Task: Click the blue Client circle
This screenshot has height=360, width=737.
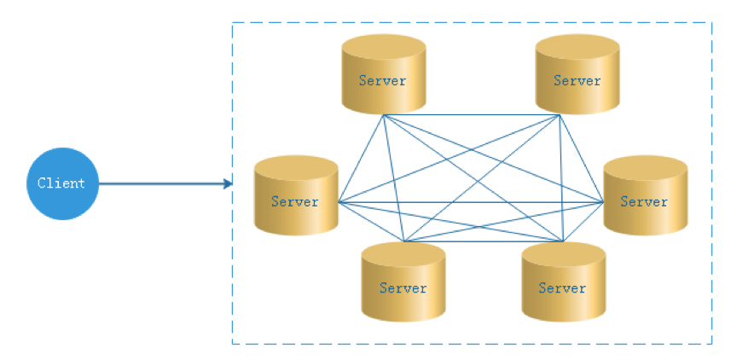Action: pyautogui.click(x=62, y=183)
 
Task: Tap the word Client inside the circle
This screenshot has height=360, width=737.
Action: pyautogui.click(x=61, y=183)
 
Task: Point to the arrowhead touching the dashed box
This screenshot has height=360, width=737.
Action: pyautogui.click(x=228, y=183)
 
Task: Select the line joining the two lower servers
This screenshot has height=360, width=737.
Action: pyautogui.click(x=483, y=242)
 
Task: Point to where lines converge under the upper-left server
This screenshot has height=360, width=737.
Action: pyautogui.click(x=384, y=115)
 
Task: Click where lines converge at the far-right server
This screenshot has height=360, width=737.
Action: pyautogui.click(x=603, y=202)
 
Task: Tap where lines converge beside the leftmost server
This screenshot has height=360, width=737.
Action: pyautogui.click(x=339, y=203)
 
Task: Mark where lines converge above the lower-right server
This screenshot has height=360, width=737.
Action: pyautogui.click(x=563, y=242)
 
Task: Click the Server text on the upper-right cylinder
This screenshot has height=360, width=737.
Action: pyautogui.click(x=577, y=81)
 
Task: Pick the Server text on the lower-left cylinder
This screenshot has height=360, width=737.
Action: pyautogui.click(x=403, y=288)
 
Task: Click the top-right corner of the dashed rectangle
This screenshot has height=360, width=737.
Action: pyautogui.click(x=711, y=23)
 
